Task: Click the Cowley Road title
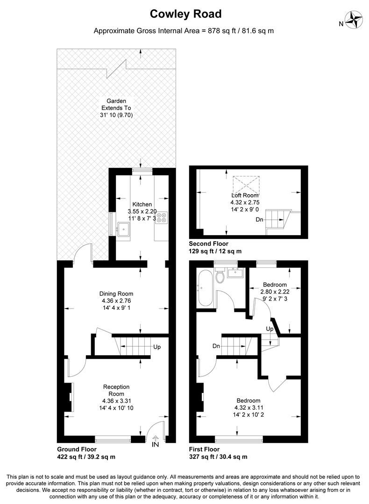click(185, 14)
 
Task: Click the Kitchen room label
click(142, 204)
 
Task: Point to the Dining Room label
click(116, 294)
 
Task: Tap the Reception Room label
click(116, 390)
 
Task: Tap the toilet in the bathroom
click(220, 277)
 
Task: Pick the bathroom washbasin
click(234, 273)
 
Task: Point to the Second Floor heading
click(208, 244)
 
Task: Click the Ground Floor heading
click(77, 449)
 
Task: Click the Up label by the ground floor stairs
click(157, 347)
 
